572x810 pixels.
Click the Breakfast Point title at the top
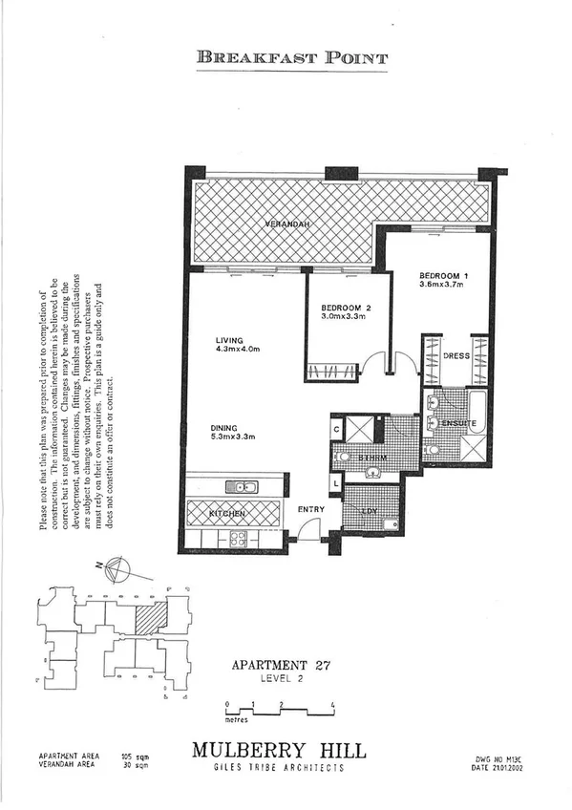pos(292,57)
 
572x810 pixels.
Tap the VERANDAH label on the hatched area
pos(285,224)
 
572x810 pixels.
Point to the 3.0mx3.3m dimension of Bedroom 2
pos(344,315)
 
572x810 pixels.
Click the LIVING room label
pos(230,339)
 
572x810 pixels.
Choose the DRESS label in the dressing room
pos(456,355)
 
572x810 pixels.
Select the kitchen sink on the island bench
pos(241,486)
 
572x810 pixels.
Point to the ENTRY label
pos(311,509)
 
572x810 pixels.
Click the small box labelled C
pos(336,429)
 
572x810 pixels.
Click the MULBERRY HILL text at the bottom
pos(278,751)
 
